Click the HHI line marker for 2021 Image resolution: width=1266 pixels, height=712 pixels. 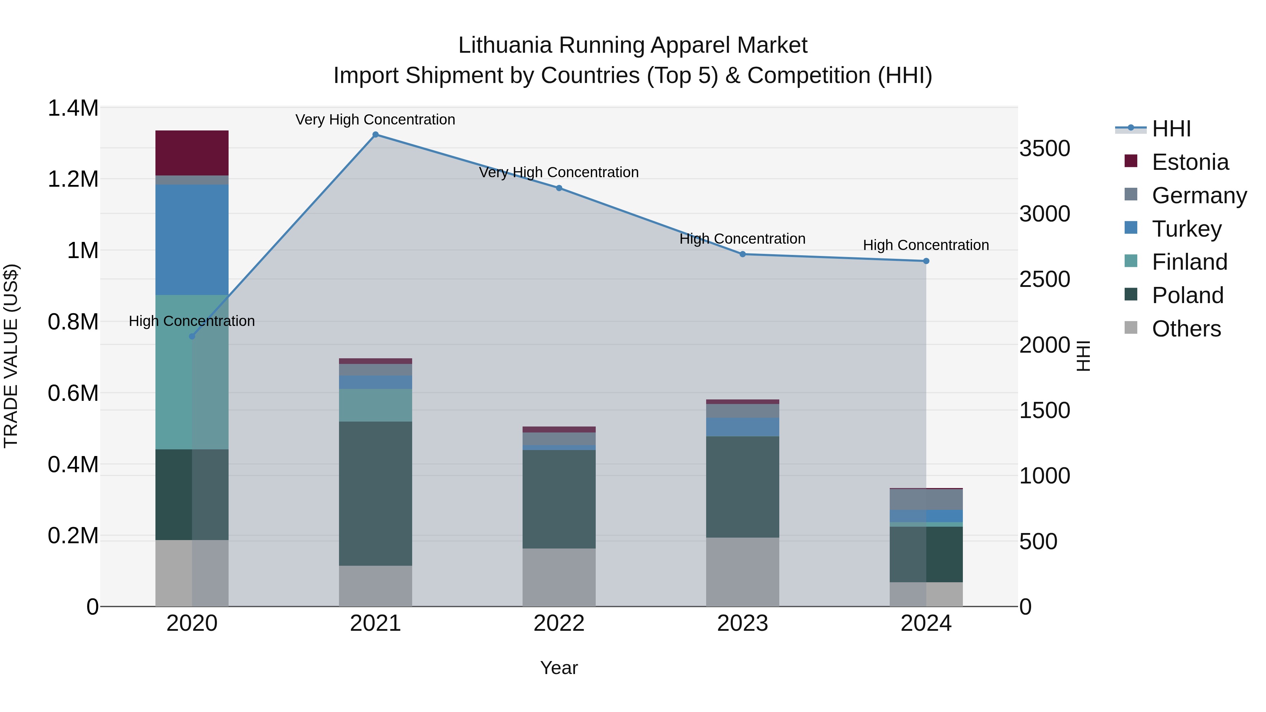[x=376, y=135]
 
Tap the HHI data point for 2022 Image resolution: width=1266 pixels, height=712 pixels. [x=559, y=188]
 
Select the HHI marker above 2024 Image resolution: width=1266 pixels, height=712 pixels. [x=926, y=261]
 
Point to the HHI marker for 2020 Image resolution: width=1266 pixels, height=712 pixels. [x=192, y=336]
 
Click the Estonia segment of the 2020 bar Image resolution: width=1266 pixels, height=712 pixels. [x=192, y=153]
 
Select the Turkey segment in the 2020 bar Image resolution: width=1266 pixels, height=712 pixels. [x=192, y=240]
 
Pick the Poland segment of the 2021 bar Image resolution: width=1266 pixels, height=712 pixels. [x=376, y=493]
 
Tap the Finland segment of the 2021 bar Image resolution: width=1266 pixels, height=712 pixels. [x=376, y=405]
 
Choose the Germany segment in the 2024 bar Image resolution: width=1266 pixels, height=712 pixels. [x=926, y=500]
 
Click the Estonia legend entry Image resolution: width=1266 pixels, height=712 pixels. [x=1190, y=162]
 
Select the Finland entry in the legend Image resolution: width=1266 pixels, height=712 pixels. [x=1189, y=262]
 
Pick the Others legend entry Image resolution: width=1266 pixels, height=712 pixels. [x=1186, y=329]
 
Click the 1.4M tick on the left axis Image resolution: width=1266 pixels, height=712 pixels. [x=73, y=108]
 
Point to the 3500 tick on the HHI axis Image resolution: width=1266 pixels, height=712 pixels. [x=1044, y=148]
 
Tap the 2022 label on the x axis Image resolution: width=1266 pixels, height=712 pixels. [x=559, y=623]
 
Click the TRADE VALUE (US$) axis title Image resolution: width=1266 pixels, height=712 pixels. [x=11, y=356]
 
